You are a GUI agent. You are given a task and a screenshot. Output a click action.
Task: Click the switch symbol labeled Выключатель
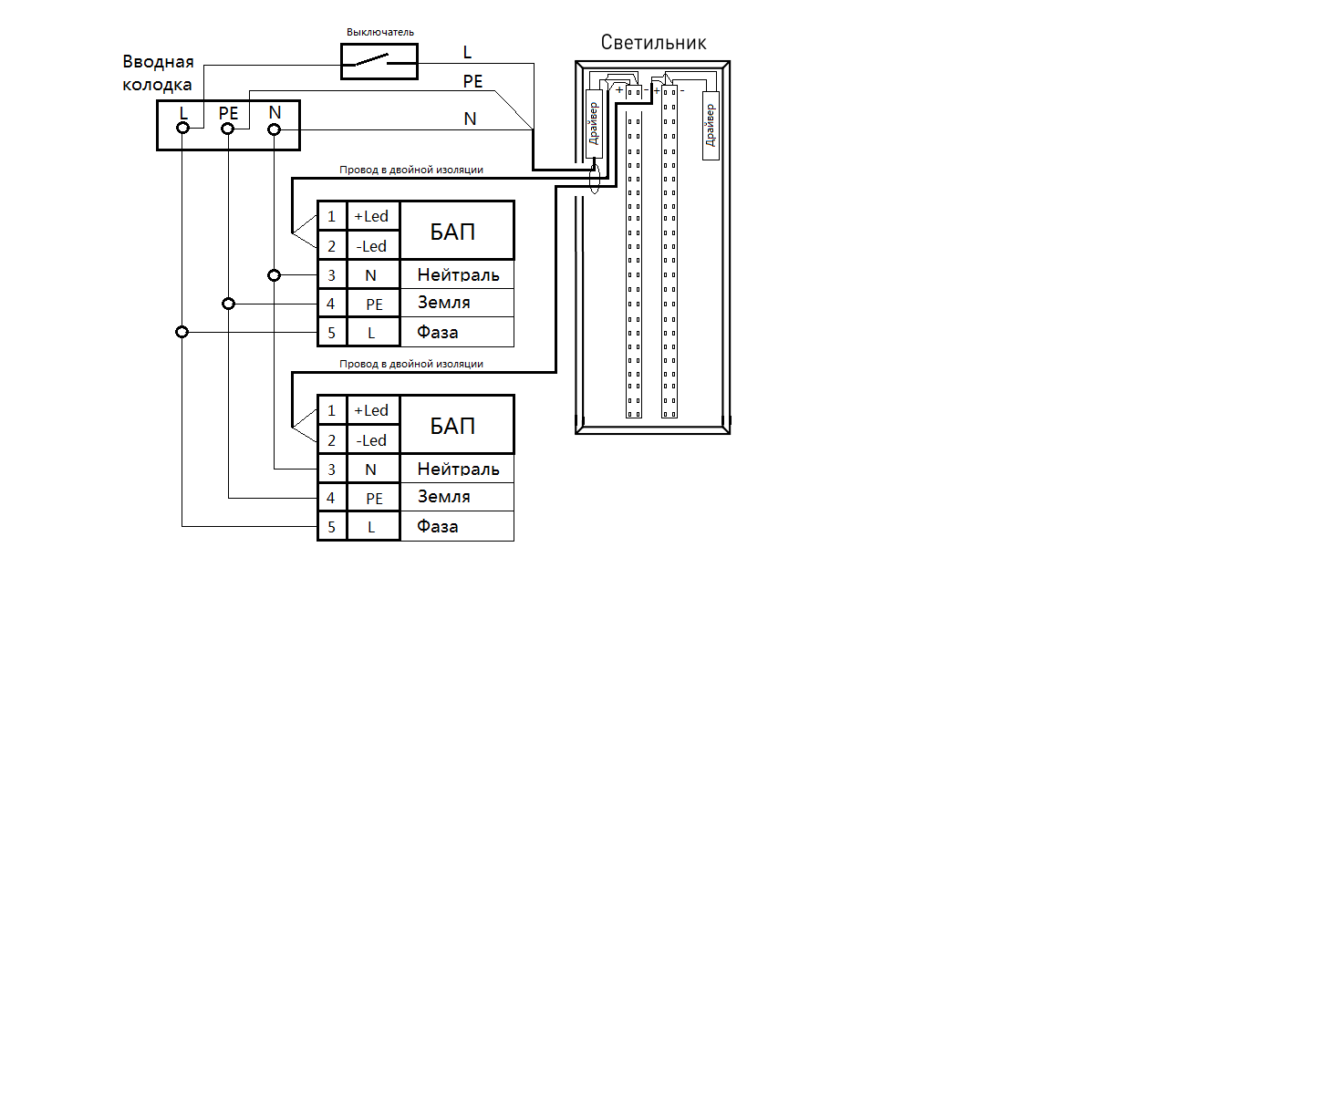pyautogui.click(x=379, y=62)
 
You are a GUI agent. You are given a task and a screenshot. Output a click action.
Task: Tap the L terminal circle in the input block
pyautogui.click(x=182, y=129)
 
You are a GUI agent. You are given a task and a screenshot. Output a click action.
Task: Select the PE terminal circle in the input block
pyautogui.click(x=227, y=129)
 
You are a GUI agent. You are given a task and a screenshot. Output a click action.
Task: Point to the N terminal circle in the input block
pyautogui.click(x=275, y=129)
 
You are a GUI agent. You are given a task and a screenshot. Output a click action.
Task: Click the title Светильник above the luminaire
pyautogui.click(x=653, y=43)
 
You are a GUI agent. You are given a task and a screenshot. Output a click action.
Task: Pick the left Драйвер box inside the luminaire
pyautogui.click(x=594, y=124)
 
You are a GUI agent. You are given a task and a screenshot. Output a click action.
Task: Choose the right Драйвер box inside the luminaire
pyautogui.click(x=711, y=126)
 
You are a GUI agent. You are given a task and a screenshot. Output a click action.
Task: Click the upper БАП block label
pyautogui.click(x=452, y=232)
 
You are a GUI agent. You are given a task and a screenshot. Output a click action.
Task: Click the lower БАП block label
pyautogui.click(x=452, y=426)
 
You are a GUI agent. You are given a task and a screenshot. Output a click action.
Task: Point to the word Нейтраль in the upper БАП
pyautogui.click(x=459, y=274)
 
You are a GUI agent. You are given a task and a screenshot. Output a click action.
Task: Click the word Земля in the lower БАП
pyautogui.click(x=444, y=496)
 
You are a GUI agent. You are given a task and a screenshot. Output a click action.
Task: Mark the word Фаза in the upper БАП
pyautogui.click(x=438, y=332)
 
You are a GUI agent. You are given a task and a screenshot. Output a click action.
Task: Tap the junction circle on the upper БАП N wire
pyautogui.click(x=275, y=274)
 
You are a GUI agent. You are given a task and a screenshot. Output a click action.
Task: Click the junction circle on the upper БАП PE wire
pyautogui.click(x=229, y=304)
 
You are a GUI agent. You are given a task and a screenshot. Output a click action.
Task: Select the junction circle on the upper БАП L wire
pyautogui.click(x=182, y=332)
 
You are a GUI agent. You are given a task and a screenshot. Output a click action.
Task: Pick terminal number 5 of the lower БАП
pyautogui.click(x=331, y=527)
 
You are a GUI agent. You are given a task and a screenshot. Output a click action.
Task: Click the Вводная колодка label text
pyautogui.click(x=158, y=73)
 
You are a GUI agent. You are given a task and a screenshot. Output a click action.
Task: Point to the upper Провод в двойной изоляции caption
pyautogui.click(x=411, y=170)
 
